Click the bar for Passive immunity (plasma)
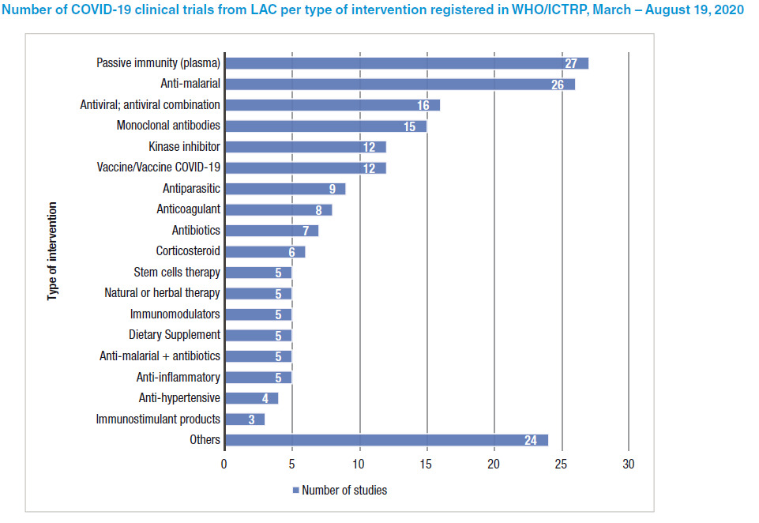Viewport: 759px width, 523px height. point(406,63)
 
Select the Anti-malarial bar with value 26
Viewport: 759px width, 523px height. point(399,84)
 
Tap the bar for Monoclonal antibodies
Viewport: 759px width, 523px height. point(325,126)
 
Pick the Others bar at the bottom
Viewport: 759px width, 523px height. point(385,440)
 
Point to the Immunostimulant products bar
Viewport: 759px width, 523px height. point(244,419)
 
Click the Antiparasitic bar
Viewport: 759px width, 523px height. point(284,189)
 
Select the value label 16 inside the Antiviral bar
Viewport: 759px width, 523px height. point(423,105)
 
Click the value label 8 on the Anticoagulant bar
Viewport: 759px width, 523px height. point(320,210)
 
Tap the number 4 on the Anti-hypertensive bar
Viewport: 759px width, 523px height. point(265,398)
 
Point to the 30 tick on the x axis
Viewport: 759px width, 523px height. point(628,464)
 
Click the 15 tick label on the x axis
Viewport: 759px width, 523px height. point(426,464)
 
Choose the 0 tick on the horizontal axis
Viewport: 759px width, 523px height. point(224,464)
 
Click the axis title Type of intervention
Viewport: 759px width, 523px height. point(53,251)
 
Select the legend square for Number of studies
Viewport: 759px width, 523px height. point(296,491)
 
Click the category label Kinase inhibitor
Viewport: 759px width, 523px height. point(184,147)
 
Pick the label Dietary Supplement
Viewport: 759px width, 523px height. point(175,335)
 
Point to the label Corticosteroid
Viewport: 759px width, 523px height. point(188,251)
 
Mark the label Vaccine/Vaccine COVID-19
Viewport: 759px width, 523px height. point(158,167)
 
